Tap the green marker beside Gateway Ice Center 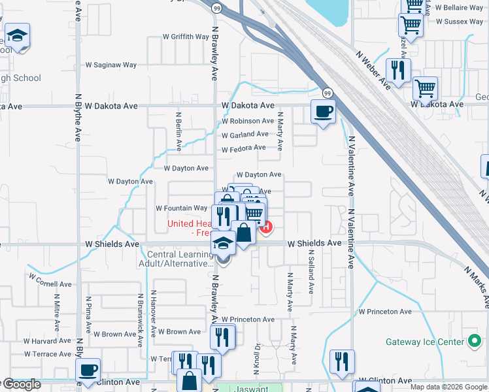pyautogui.click(x=475, y=341)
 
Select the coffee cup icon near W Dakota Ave pyautogui.click(x=322, y=112)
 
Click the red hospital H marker pyautogui.click(x=265, y=227)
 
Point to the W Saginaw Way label pyautogui.click(x=112, y=65)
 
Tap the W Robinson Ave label pyautogui.click(x=247, y=122)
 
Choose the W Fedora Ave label pyautogui.click(x=243, y=148)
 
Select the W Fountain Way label pyautogui.click(x=181, y=208)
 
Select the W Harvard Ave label pyautogui.click(x=47, y=341)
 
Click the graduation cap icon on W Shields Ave pyautogui.click(x=223, y=243)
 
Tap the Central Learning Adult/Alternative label pyautogui.click(x=180, y=259)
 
